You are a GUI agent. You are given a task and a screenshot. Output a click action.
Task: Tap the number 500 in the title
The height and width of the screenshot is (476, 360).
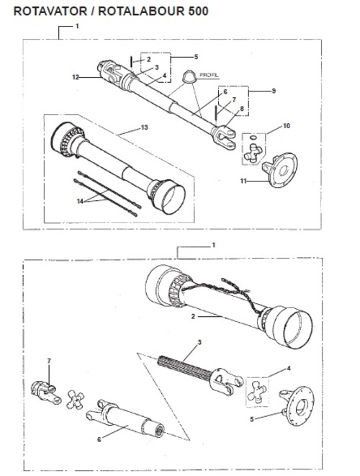(x=198, y=12)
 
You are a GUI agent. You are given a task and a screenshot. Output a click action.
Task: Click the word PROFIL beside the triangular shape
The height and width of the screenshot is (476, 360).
(x=209, y=75)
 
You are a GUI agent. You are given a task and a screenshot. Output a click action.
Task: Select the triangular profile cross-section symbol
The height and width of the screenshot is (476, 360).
(x=188, y=77)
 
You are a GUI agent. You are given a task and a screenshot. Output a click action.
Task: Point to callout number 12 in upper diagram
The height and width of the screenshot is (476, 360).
(x=76, y=77)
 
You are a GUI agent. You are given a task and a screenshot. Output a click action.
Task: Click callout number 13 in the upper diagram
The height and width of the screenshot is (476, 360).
(x=145, y=127)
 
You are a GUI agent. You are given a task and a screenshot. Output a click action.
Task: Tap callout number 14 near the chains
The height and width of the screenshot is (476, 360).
(x=80, y=201)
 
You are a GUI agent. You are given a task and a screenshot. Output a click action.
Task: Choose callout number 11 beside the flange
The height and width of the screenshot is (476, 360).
(x=243, y=181)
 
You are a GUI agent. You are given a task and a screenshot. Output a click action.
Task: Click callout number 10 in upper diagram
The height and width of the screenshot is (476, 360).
(x=287, y=126)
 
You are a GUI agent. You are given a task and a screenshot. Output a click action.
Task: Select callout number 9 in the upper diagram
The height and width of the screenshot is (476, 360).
(x=274, y=91)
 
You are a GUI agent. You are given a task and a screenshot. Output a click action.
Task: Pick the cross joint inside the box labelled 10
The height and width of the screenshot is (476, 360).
(x=252, y=153)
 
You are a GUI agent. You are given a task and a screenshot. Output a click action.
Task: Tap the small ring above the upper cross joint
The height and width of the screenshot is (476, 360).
(x=253, y=138)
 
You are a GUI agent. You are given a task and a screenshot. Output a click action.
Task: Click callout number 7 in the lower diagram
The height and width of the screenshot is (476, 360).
(x=49, y=361)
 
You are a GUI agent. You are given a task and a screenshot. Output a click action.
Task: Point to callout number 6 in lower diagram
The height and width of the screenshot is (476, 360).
(x=99, y=439)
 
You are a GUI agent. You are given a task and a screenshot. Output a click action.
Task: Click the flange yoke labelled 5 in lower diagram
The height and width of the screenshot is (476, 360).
(x=297, y=405)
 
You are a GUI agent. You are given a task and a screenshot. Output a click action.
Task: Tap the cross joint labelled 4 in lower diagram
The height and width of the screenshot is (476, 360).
(x=257, y=392)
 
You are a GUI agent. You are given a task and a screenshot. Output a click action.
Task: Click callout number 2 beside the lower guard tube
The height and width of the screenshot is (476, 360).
(x=193, y=316)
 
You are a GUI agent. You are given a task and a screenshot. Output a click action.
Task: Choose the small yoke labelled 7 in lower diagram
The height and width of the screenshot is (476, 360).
(x=46, y=392)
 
